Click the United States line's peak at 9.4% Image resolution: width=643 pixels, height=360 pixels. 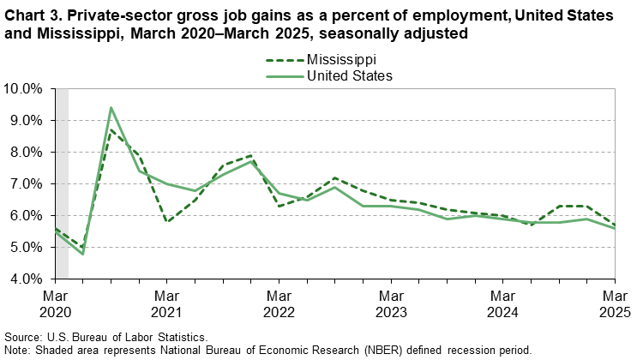coord(111,108)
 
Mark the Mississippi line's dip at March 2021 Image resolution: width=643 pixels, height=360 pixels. coord(167,221)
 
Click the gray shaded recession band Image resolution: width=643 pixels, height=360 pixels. coord(62,183)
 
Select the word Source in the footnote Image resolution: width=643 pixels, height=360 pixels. coord(21,339)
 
